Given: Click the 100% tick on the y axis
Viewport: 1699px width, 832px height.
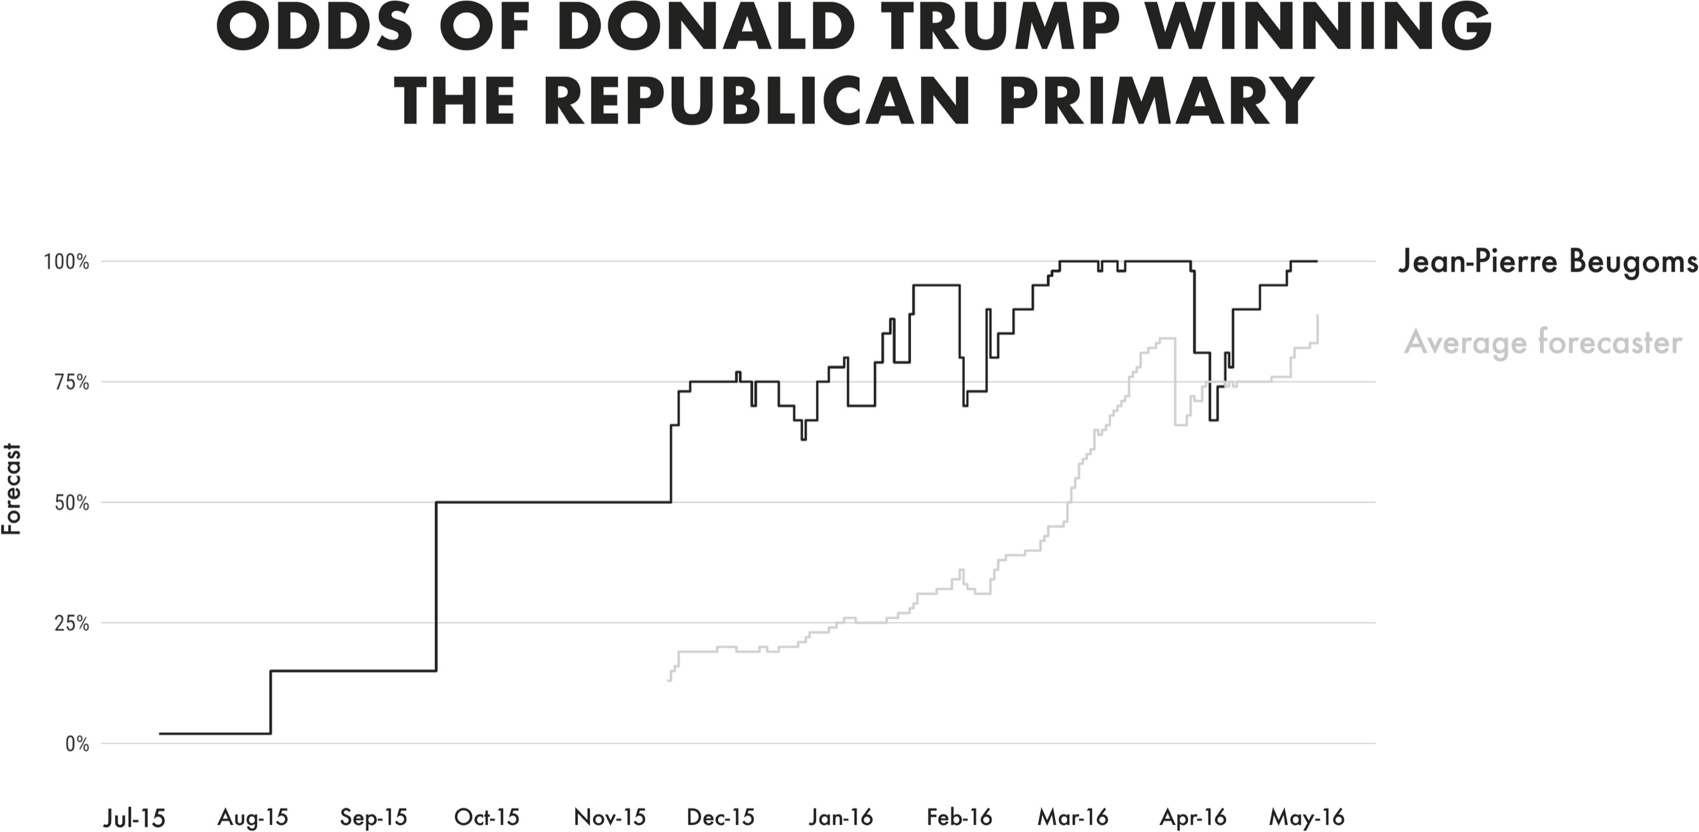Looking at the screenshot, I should [x=67, y=262].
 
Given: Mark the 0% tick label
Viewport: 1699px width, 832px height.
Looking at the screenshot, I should [x=76, y=744].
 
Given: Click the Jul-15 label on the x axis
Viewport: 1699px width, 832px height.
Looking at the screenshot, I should [x=135, y=818].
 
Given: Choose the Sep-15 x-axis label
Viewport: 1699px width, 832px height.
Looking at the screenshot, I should [x=373, y=818].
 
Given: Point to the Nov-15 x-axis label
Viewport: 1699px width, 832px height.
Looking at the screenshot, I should [x=610, y=818].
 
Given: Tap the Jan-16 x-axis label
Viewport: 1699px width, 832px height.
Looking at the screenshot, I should [x=841, y=818].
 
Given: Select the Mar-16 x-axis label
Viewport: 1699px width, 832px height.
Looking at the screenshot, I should [x=1073, y=818].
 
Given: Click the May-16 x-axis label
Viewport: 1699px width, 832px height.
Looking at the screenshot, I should [x=1307, y=818].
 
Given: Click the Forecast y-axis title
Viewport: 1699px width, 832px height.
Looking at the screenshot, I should [x=12, y=490].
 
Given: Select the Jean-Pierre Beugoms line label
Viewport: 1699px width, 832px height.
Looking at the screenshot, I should [x=1547, y=262].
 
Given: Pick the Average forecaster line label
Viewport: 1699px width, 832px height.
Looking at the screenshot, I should [x=1543, y=342].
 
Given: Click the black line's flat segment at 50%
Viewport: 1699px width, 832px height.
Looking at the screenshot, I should [x=554, y=502].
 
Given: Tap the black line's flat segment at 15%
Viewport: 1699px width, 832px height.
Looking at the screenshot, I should [x=353, y=671].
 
